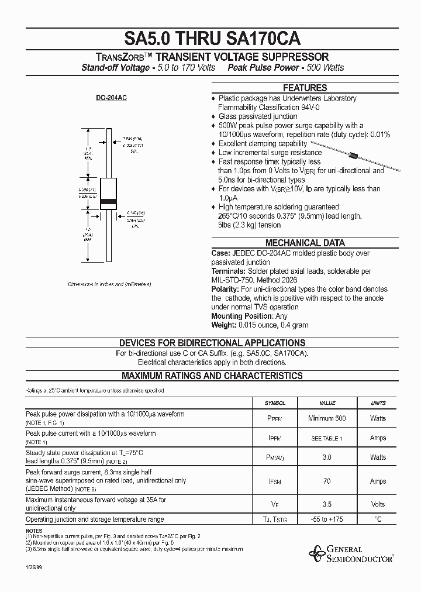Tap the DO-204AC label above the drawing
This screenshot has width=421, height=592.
pos(111,98)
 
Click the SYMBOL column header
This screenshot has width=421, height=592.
pos(275,403)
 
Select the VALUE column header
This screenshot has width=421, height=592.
pos(327,403)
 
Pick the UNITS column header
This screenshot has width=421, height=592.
pos(378,403)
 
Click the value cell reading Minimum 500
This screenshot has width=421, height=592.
pos(327,418)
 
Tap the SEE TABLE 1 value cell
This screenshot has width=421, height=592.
pos(327,438)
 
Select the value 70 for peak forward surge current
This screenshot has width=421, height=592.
pos(327,481)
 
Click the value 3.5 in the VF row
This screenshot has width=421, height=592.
pos(327,504)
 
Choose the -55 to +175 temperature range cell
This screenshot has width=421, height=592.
pos(327,519)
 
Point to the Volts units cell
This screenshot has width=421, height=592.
pos(378,504)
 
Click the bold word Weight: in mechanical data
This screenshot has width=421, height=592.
pos(224,325)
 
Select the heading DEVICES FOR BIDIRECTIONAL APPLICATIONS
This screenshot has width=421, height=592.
pos(212,343)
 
